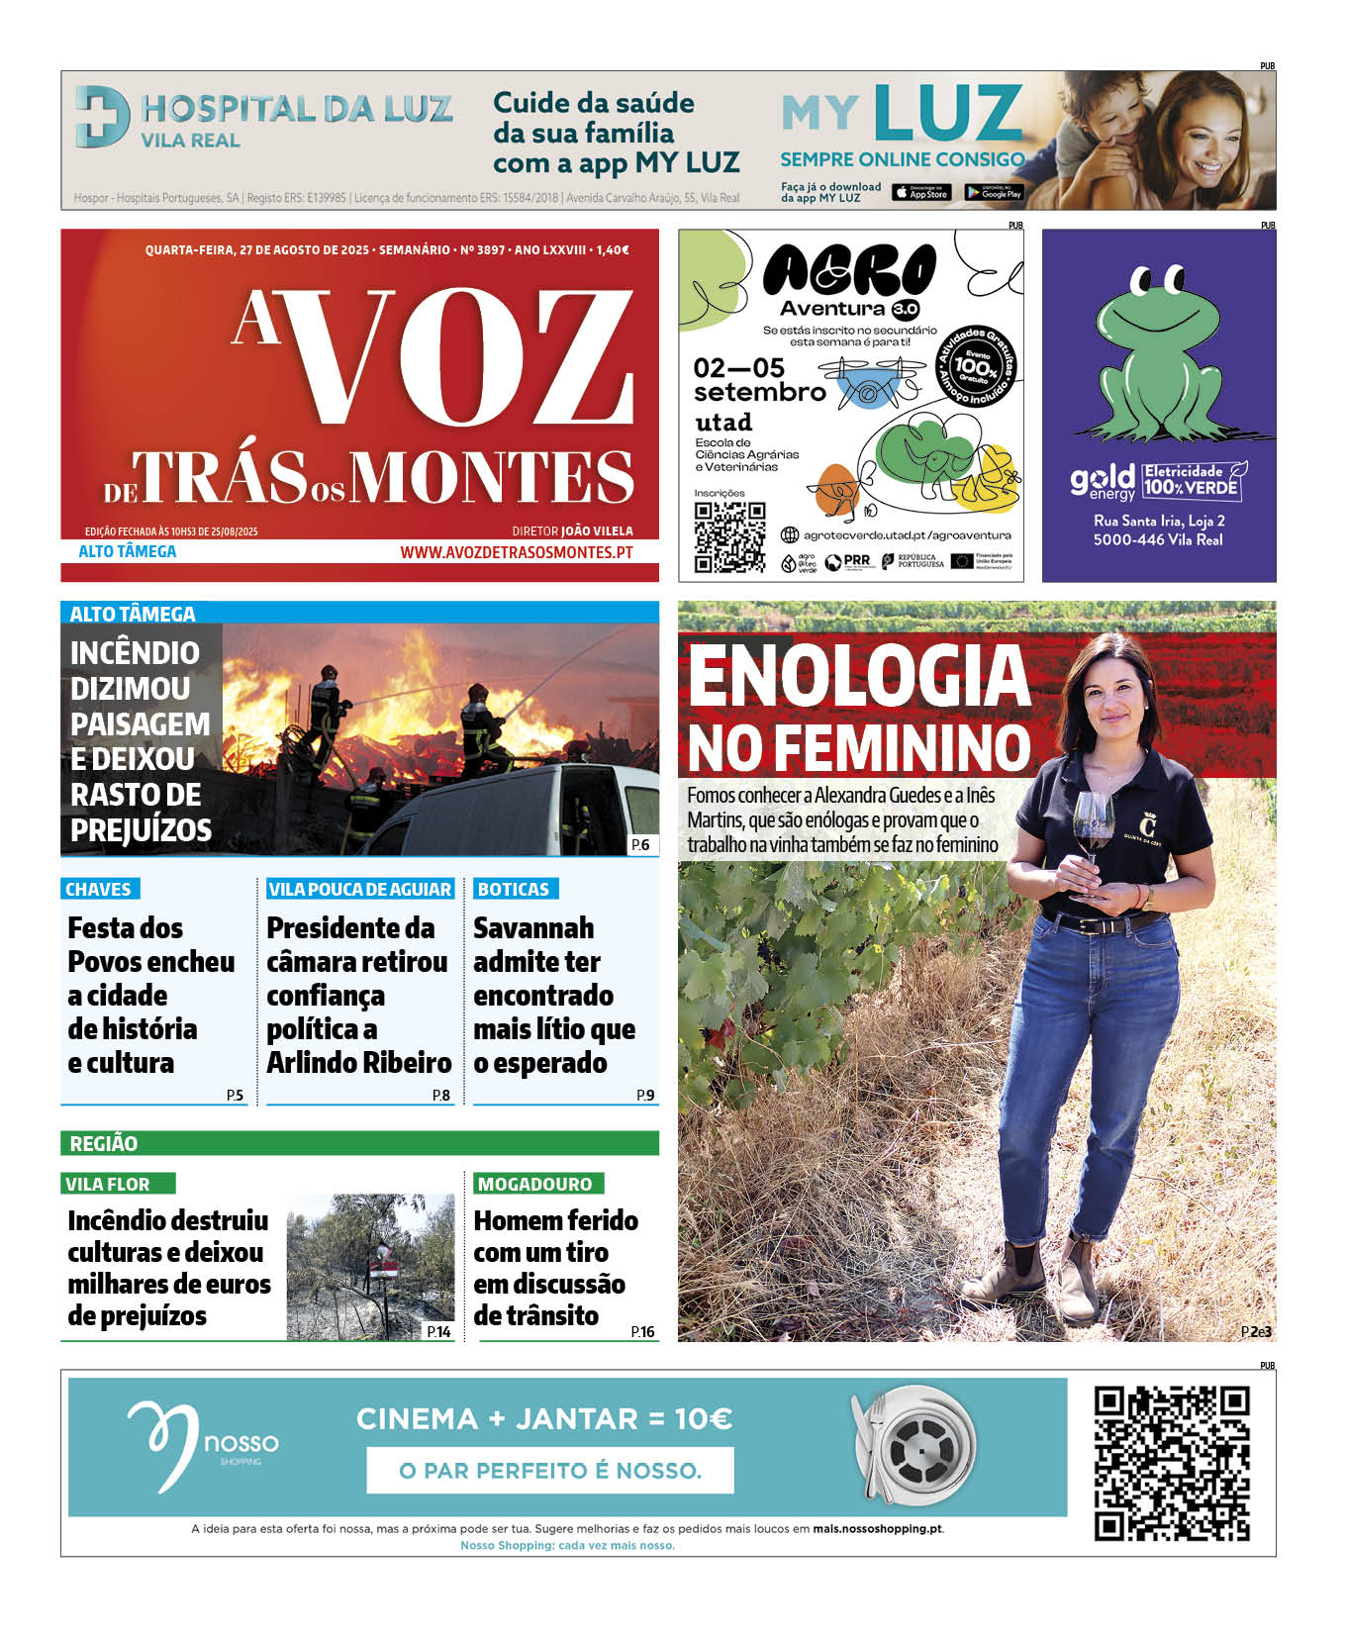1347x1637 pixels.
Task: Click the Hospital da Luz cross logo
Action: [x=102, y=116]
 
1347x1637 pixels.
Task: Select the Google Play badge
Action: [x=994, y=193]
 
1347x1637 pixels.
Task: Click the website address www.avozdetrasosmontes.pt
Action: [x=516, y=552]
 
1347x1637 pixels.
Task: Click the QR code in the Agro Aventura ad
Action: [x=729, y=536]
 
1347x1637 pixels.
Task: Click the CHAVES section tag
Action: [x=98, y=889]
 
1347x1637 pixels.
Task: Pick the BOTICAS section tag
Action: [x=513, y=889]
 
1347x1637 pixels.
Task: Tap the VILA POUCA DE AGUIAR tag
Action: [x=359, y=889]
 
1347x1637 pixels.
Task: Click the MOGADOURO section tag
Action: [x=534, y=1184]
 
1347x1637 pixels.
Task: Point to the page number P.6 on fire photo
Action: [x=640, y=844]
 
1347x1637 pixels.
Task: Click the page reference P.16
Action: [x=642, y=1332]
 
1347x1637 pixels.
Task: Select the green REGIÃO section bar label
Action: [x=104, y=1144]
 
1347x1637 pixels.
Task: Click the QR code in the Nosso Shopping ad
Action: [x=1171, y=1463]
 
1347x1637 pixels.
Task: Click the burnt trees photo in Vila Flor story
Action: [x=370, y=1267]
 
